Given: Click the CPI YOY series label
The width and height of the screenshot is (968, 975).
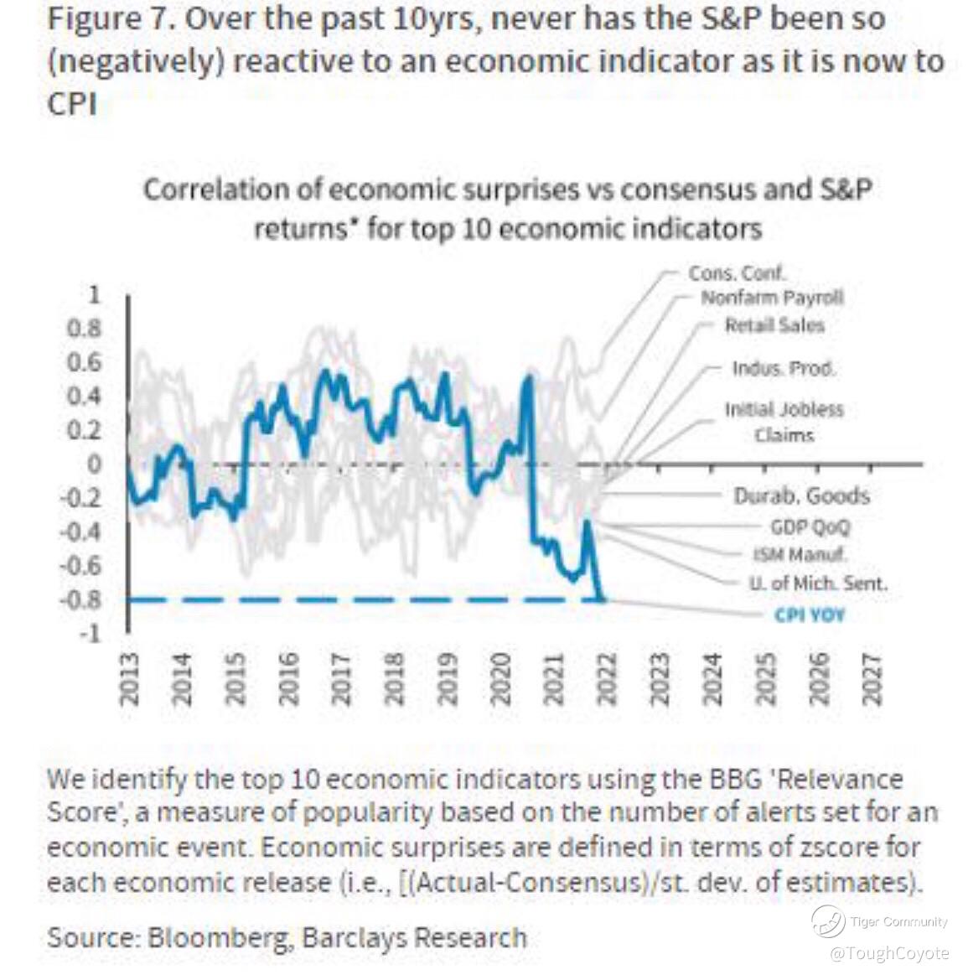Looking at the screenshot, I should pyautogui.click(x=809, y=615).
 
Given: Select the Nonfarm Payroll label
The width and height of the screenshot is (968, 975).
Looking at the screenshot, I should pyautogui.click(x=772, y=298).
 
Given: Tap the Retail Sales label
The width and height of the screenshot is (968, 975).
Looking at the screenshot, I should pyautogui.click(x=774, y=325).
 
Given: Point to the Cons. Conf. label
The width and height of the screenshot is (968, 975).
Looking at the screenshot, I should pyautogui.click(x=737, y=273).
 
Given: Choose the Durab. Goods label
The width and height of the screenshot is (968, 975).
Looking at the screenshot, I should pyautogui.click(x=801, y=496).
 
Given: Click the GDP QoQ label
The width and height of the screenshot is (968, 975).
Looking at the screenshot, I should pyautogui.click(x=810, y=526).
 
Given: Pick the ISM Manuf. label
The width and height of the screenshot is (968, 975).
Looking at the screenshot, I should pyautogui.click(x=799, y=554).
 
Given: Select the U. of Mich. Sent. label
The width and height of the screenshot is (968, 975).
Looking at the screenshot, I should pyautogui.click(x=817, y=583).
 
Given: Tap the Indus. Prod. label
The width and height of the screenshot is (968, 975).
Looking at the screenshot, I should pyautogui.click(x=784, y=369).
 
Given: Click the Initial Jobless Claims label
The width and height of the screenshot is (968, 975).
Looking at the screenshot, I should pyautogui.click(x=784, y=422).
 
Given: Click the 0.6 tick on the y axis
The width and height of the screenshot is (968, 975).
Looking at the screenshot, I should pyautogui.click(x=85, y=362).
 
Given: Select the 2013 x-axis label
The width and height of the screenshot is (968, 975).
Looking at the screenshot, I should pyautogui.click(x=129, y=678).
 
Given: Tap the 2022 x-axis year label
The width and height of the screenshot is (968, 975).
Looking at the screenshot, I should pyautogui.click(x=606, y=678).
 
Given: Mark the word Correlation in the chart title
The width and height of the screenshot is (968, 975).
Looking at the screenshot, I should pyautogui.click(x=219, y=189).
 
